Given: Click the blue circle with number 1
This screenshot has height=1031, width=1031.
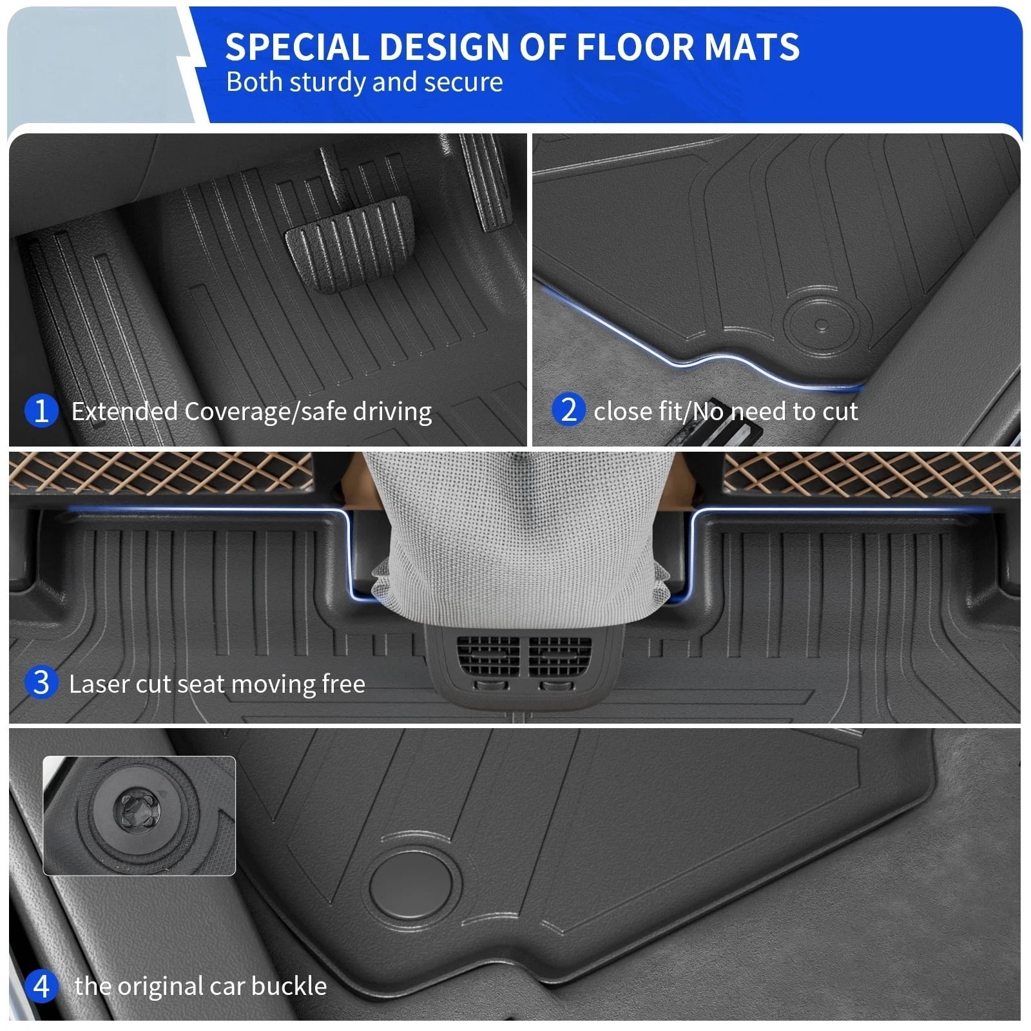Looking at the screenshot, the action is coord(41,410).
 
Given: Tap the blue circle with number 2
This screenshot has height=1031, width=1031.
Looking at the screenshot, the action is coord(568,410).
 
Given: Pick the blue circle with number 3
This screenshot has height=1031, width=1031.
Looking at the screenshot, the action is coord(41,682).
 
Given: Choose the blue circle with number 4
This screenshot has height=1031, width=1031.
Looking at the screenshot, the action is coord(41,986).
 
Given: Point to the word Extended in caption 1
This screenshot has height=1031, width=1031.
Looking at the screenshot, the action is coord(125,411).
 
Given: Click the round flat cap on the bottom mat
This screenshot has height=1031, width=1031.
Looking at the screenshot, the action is coord(410,882).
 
